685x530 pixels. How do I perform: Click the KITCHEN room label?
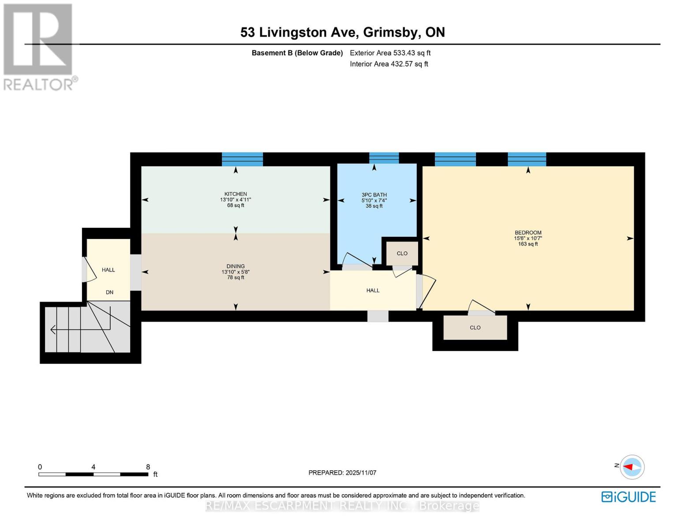click(x=236, y=194)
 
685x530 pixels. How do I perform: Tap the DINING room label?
click(x=236, y=266)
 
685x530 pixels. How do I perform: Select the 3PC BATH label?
click(x=374, y=195)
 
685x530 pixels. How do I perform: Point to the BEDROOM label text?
click(x=528, y=233)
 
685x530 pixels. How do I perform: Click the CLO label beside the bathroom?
click(x=402, y=254)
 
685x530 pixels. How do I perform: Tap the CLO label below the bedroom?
click(x=475, y=328)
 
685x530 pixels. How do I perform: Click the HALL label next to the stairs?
click(x=108, y=270)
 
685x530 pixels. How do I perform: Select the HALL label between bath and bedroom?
click(x=373, y=291)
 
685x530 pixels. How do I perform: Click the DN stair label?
click(x=109, y=292)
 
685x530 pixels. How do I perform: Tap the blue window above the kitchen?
click(x=242, y=159)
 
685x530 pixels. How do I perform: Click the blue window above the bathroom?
click(x=384, y=158)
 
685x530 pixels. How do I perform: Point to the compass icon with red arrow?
click(x=632, y=467)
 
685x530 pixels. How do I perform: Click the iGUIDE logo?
click(x=629, y=497)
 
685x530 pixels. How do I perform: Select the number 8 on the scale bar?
click(x=148, y=467)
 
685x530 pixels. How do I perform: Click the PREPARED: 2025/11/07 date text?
click(x=342, y=473)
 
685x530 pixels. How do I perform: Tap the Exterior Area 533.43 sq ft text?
click(x=390, y=53)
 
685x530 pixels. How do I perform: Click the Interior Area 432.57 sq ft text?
click(x=389, y=64)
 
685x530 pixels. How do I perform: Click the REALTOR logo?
click(x=39, y=46)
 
